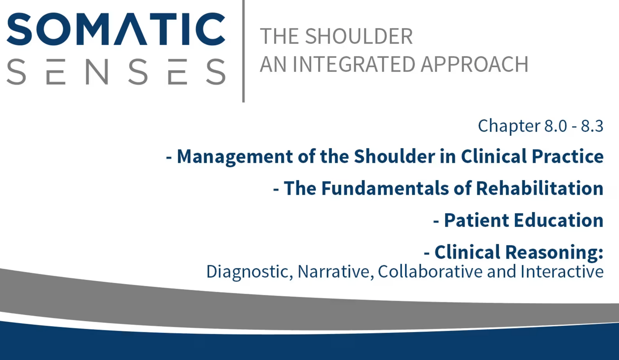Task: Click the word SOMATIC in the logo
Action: click(116, 29)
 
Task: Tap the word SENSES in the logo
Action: click(116, 72)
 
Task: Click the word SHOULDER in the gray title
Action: click(359, 36)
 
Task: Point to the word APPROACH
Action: click(475, 64)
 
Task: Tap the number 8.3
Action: click(592, 126)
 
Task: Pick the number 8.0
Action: click(556, 126)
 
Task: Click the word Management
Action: click(235, 157)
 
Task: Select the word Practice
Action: click(567, 157)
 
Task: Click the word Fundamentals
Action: click(385, 188)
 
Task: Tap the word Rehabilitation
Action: click(540, 188)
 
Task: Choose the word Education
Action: click(559, 220)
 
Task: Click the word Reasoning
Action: click(554, 253)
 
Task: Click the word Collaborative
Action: click(430, 272)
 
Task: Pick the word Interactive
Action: click(562, 272)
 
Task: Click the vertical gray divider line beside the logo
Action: click(243, 51)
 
